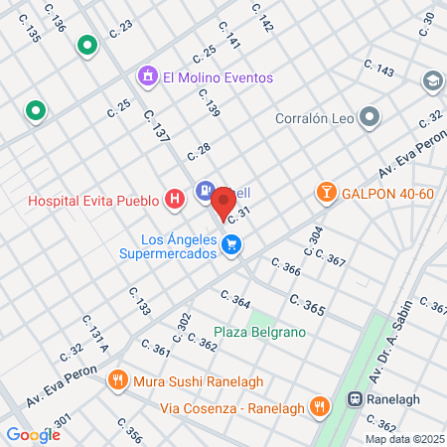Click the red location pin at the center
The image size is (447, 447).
(223, 204)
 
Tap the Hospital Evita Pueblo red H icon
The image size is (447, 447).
(176, 200)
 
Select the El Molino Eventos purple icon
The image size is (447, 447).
(148, 76)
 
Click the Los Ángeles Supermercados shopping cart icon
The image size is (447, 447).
(231, 243)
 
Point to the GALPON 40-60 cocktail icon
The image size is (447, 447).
(325, 193)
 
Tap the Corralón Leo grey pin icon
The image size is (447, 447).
(370, 119)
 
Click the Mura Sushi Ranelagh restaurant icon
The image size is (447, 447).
(117, 378)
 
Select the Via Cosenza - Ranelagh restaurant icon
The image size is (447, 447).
(319, 405)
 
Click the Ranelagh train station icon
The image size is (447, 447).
(355, 399)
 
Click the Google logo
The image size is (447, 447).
(33, 434)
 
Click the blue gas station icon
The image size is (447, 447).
(204, 190)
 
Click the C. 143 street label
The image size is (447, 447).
(378, 70)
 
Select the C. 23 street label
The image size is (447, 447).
(121, 31)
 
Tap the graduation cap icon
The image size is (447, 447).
(432, 79)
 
